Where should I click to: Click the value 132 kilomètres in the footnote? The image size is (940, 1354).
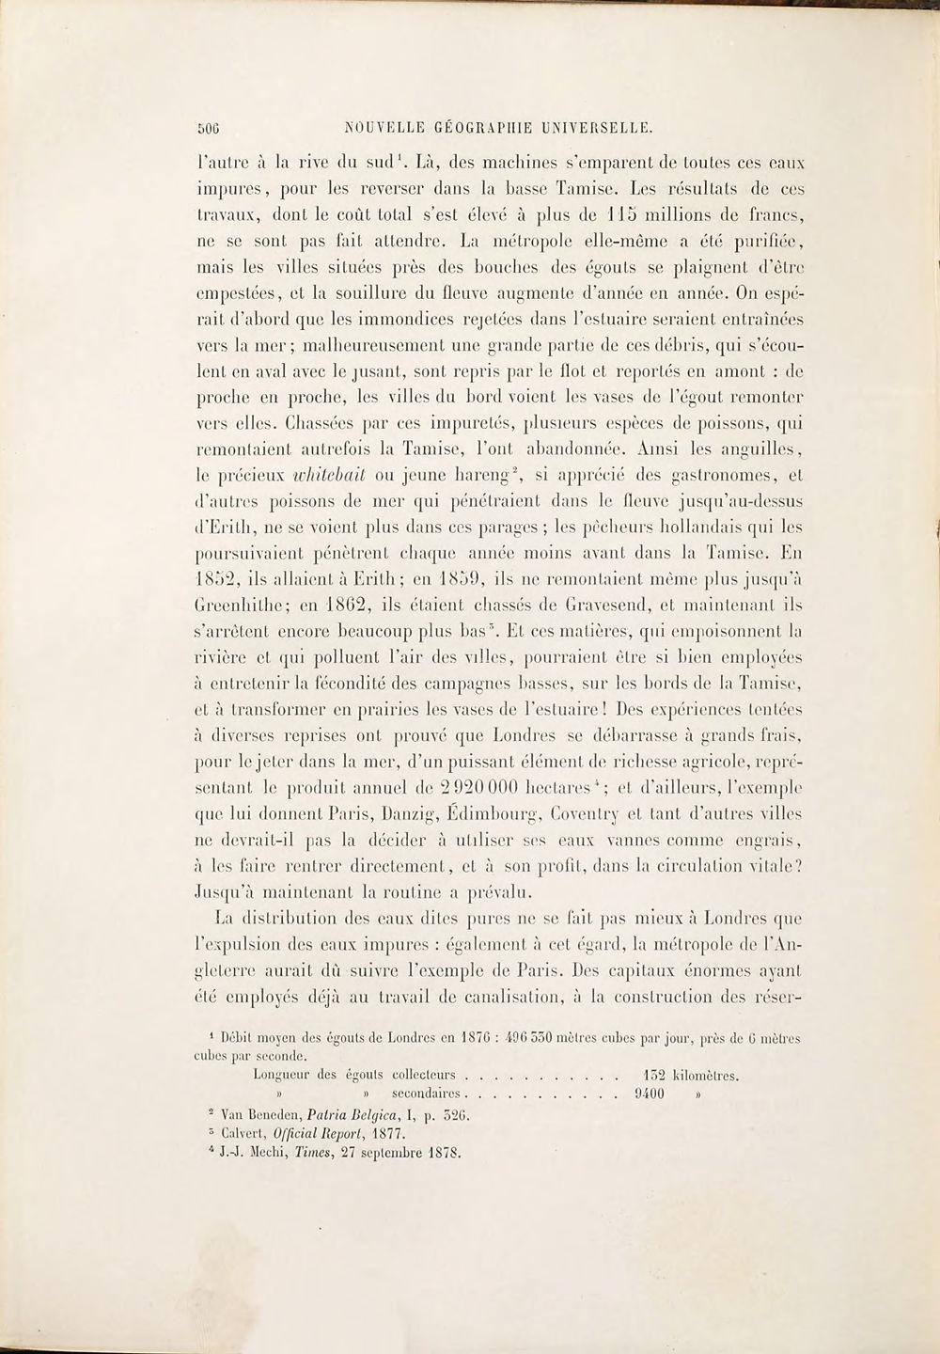click(687, 1074)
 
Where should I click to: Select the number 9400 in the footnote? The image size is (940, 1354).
click(650, 1094)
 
